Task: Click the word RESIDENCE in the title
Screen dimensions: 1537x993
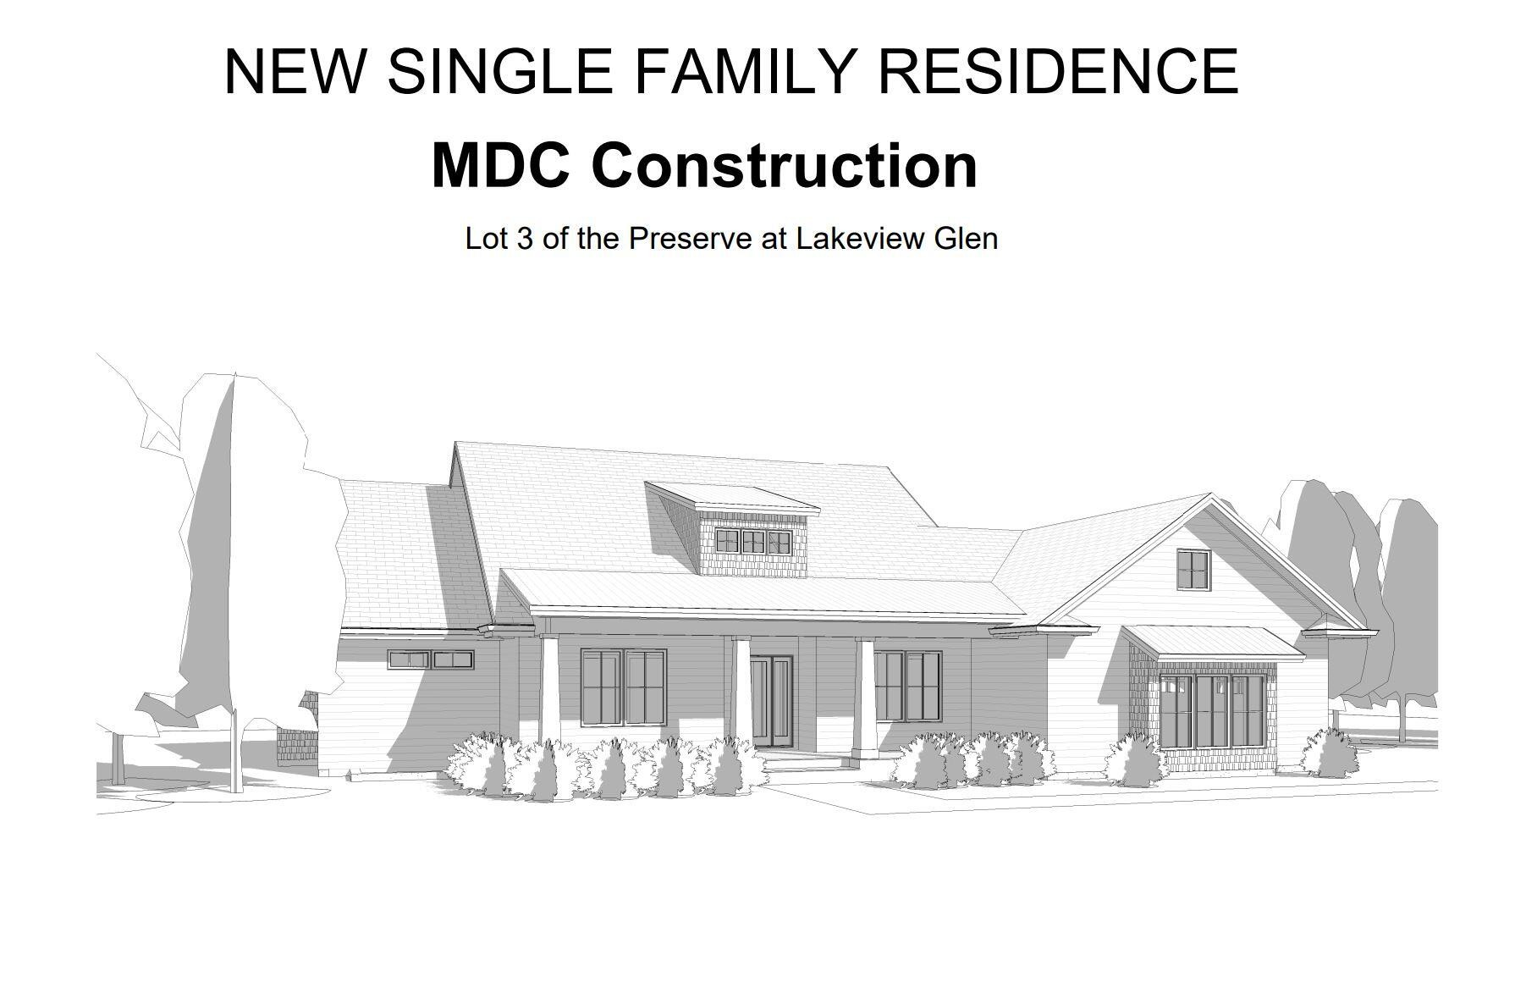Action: (x=1058, y=70)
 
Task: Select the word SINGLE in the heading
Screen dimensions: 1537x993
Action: (x=500, y=70)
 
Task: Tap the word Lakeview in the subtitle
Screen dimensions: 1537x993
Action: (x=861, y=239)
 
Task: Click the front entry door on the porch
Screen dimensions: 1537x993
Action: (x=771, y=703)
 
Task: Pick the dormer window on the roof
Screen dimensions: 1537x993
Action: (x=752, y=541)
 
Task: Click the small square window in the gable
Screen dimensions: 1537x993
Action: (x=1193, y=569)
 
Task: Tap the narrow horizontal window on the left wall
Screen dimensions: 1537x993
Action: (x=431, y=659)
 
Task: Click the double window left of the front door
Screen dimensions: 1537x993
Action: (x=624, y=687)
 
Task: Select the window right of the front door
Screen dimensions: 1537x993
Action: (x=907, y=686)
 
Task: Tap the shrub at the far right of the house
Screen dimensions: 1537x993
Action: (x=1330, y=753)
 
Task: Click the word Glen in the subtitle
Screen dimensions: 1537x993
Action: (x=966, y=239)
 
